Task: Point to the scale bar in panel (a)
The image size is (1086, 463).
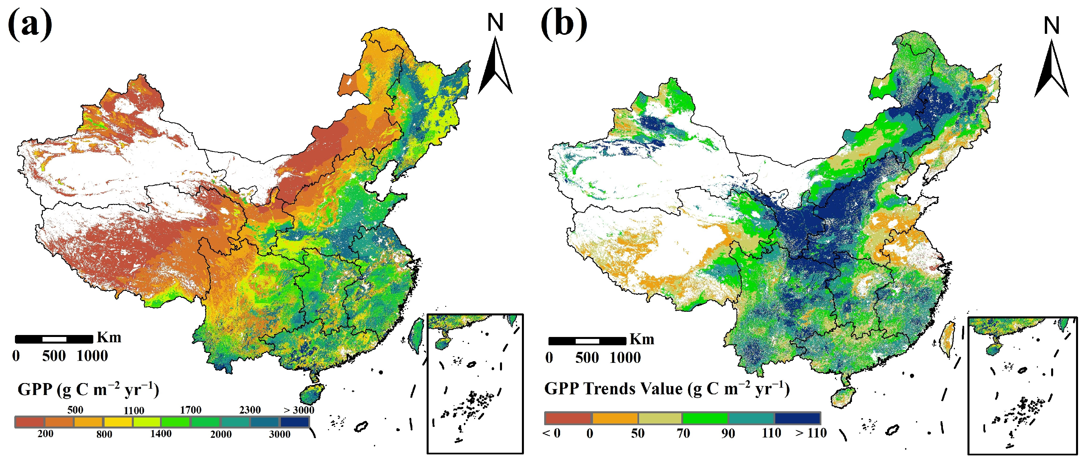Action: tap(54, 339)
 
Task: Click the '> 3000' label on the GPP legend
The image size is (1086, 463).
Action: tap(298, 410)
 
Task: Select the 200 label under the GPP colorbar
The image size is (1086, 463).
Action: tap(45, 434)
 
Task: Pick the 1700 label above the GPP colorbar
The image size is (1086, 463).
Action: tap(191, 410)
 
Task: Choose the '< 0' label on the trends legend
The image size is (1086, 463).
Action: tap(551, 433)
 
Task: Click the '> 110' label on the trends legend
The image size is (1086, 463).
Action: tap(811, 433)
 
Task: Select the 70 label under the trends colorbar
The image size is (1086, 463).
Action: tap(683, 433)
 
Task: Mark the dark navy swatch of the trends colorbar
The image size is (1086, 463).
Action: tap(797, 418)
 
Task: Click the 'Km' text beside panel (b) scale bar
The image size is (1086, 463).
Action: tap(642, 339)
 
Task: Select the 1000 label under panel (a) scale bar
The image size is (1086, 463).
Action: tap(92, 356)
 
